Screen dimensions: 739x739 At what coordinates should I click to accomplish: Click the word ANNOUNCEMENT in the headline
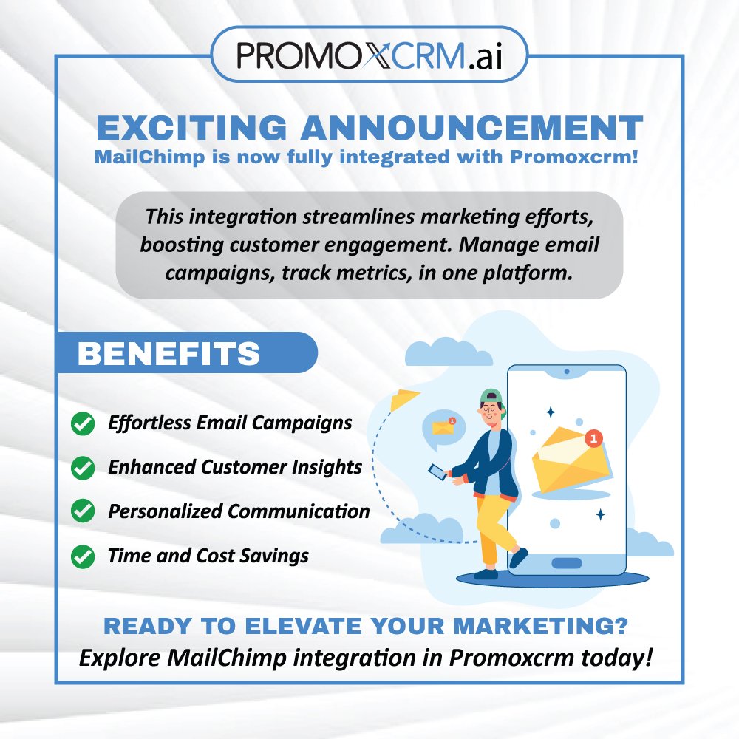471,128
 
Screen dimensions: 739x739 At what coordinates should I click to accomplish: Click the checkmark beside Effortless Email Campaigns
82,424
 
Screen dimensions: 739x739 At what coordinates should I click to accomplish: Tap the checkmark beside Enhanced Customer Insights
82,468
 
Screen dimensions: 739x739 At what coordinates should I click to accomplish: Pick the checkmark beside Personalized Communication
82,511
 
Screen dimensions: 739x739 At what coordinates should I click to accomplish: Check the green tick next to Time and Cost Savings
82,556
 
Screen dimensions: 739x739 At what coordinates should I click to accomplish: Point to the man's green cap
490,397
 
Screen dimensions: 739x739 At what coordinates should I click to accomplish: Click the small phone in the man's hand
437,471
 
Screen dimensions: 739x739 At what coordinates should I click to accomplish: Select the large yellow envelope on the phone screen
568,461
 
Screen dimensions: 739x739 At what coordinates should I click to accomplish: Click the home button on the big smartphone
567,563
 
